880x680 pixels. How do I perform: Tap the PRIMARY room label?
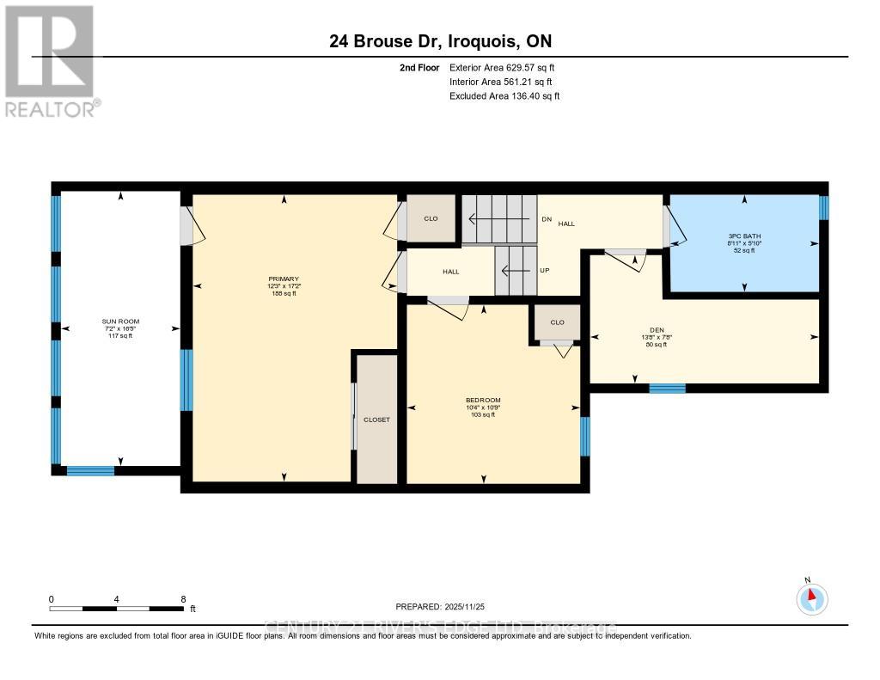pos(284,279)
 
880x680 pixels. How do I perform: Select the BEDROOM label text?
pos(483,400)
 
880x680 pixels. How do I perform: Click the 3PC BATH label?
pos(744,236)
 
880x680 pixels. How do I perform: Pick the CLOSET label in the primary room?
pos(376,420)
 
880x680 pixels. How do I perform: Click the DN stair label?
pos(547,219)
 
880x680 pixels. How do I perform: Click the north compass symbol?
pos(812,597)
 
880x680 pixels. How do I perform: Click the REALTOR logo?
pos(52,60)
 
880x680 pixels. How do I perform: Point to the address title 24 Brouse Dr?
pos(439,41)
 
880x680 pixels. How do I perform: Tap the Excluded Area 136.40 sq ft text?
pos(504,96)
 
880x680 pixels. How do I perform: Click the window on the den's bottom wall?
pos(667,389)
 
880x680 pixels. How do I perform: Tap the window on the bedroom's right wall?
pos(585,436)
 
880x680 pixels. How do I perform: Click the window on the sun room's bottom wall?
pos(90,470)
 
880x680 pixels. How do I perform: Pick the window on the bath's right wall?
pos(823,208)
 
